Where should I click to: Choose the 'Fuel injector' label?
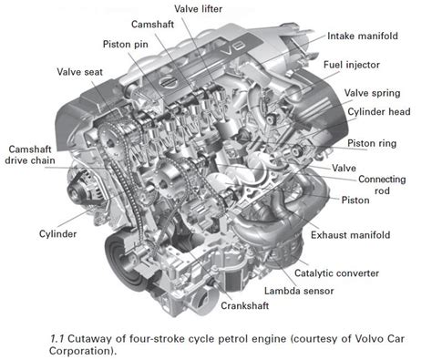tap(375, 66)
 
